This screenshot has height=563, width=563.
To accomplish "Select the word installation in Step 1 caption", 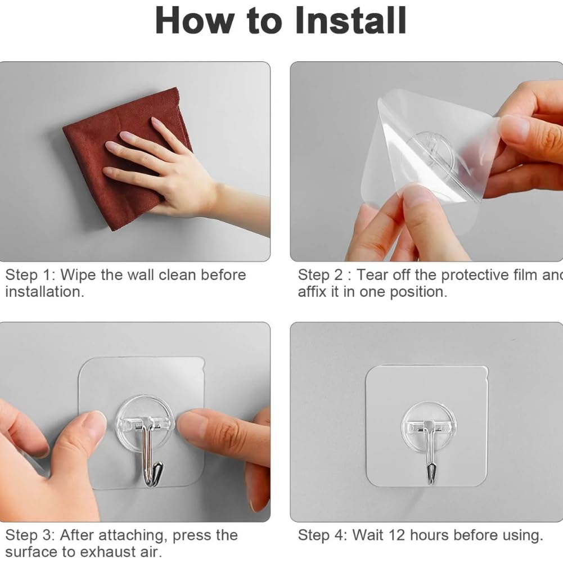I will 43,292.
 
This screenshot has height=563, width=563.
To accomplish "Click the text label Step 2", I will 323,275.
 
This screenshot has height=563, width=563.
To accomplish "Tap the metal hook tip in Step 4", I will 432,470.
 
